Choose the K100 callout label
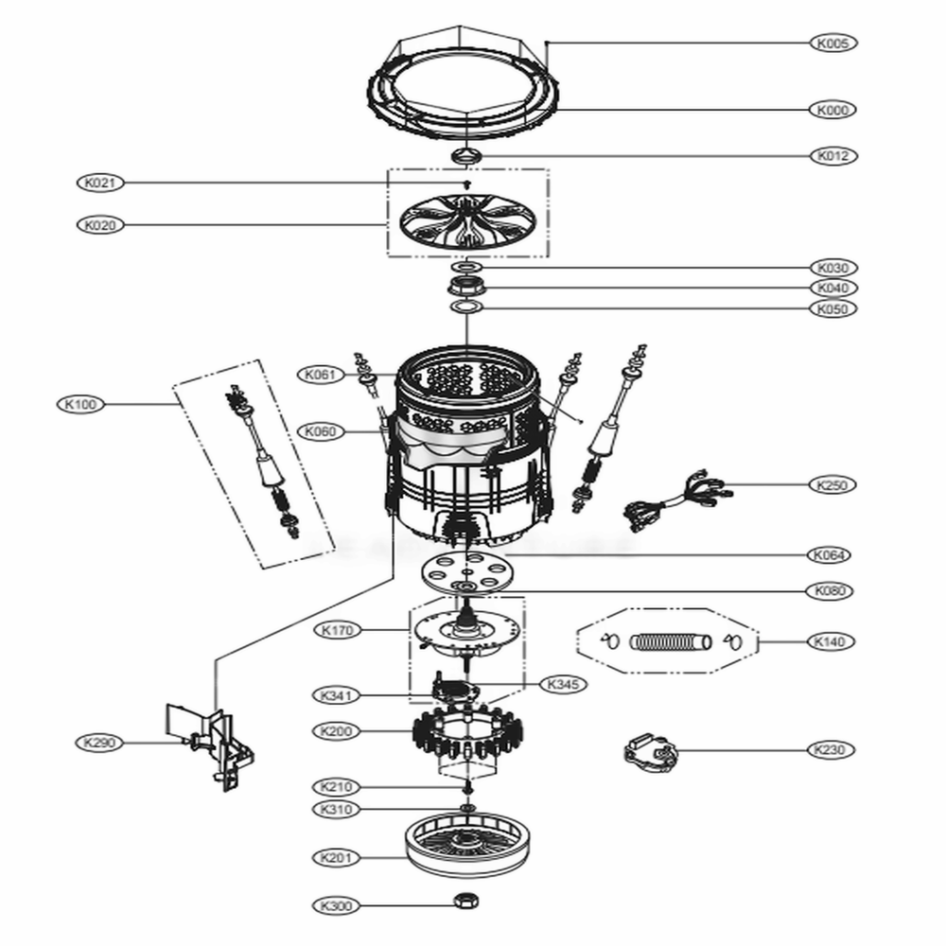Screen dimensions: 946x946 click(x=82, y=404)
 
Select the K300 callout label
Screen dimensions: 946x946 click(x=336, y=905)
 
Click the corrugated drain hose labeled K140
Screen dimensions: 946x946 click(x=668, y=642)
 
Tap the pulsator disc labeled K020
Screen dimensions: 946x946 click(x=467, y=225)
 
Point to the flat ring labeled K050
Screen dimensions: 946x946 click(x=467, y=308)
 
